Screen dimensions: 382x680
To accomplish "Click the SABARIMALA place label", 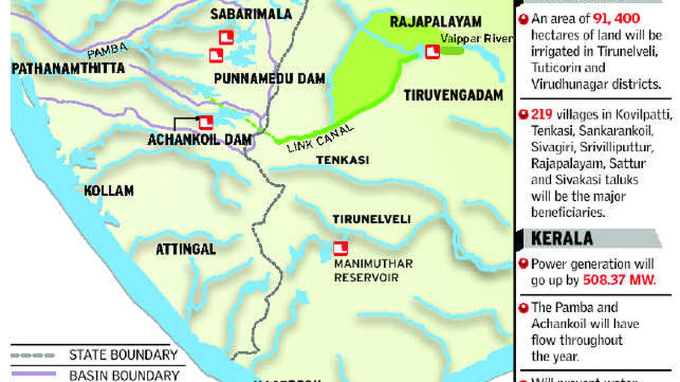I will point(251,14).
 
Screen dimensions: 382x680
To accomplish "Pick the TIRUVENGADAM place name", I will point(453,96).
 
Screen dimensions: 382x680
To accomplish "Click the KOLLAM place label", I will point(109,190).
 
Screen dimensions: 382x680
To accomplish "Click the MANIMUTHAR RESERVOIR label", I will point(373,271).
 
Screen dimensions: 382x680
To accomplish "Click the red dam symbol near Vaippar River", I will point(432,53).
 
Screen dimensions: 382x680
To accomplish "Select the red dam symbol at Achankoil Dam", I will point(205,121).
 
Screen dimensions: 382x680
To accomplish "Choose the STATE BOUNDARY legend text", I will point(123,355).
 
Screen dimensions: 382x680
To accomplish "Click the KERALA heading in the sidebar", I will point(562,238).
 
